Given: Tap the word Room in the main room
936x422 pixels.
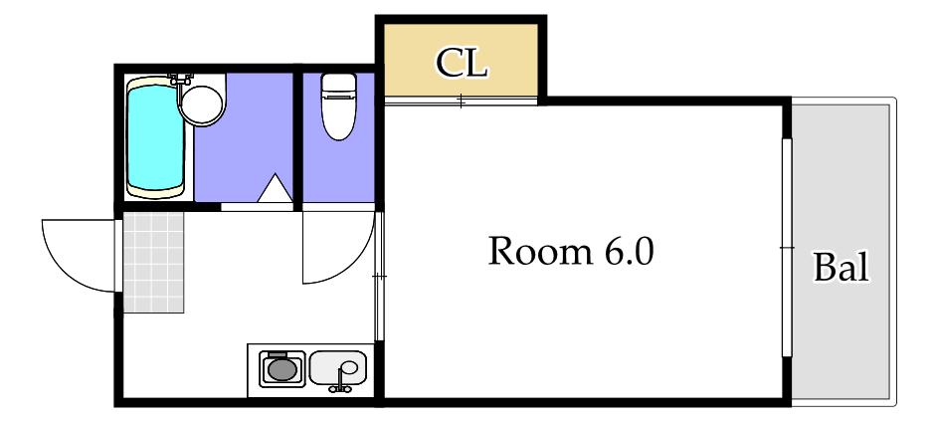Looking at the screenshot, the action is coord(540,251).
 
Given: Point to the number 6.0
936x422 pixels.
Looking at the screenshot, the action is coord(630,251).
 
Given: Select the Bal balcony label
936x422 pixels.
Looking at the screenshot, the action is coord(842,267).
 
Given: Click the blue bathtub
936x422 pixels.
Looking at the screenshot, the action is coord(155,137).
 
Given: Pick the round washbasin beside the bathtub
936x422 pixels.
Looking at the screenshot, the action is coord(202,105).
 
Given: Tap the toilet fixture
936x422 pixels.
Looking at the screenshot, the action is coord(338,106).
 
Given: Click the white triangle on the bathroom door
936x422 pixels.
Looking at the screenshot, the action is coord(275,188).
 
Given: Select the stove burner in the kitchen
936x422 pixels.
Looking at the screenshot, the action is coord(282,368).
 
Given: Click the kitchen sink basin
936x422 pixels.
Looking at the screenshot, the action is coord(337,368).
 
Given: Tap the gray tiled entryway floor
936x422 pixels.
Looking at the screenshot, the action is coord(153,263).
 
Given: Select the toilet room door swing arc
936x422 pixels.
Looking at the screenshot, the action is coord(353,263).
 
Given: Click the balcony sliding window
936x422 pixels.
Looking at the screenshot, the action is coord(787,247).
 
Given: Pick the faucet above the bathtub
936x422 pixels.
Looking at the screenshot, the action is coord(180,79).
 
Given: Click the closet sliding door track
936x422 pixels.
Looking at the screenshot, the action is coord(462,101).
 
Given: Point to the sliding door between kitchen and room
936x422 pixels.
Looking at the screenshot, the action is coord(379,276).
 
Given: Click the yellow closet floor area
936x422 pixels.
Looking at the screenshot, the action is coord(461,61).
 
